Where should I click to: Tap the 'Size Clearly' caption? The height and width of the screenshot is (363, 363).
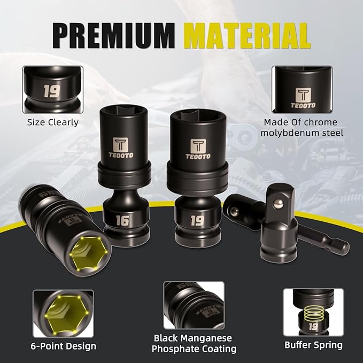click(53, 122)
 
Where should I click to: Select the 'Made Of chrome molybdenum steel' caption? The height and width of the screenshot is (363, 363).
click(302, 127)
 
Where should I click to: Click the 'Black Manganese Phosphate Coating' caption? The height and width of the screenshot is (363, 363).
click(194, 343)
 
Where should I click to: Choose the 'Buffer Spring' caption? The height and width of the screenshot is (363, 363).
click(313, 345)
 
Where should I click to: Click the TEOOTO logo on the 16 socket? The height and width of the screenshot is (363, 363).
click(122, 148)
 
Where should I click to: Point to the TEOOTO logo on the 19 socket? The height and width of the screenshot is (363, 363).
click(197, 146)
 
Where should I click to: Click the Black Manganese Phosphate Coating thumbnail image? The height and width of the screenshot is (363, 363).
click(194, 306)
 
